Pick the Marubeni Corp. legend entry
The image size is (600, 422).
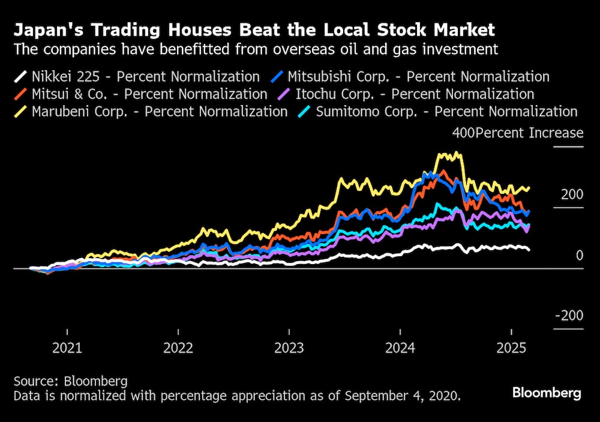(151, 112)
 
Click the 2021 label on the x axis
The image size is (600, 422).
(67, 348)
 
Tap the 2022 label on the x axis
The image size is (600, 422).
(178, 348)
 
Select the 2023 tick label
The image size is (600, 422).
(289, 348)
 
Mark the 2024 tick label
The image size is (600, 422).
(401, 348)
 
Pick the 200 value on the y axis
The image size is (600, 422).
(571, 194)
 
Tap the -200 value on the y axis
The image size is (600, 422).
(568, 316)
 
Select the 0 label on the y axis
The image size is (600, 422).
(579, 256)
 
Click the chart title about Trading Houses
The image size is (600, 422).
(254, 29)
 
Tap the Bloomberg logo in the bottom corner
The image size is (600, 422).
(547, 393)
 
